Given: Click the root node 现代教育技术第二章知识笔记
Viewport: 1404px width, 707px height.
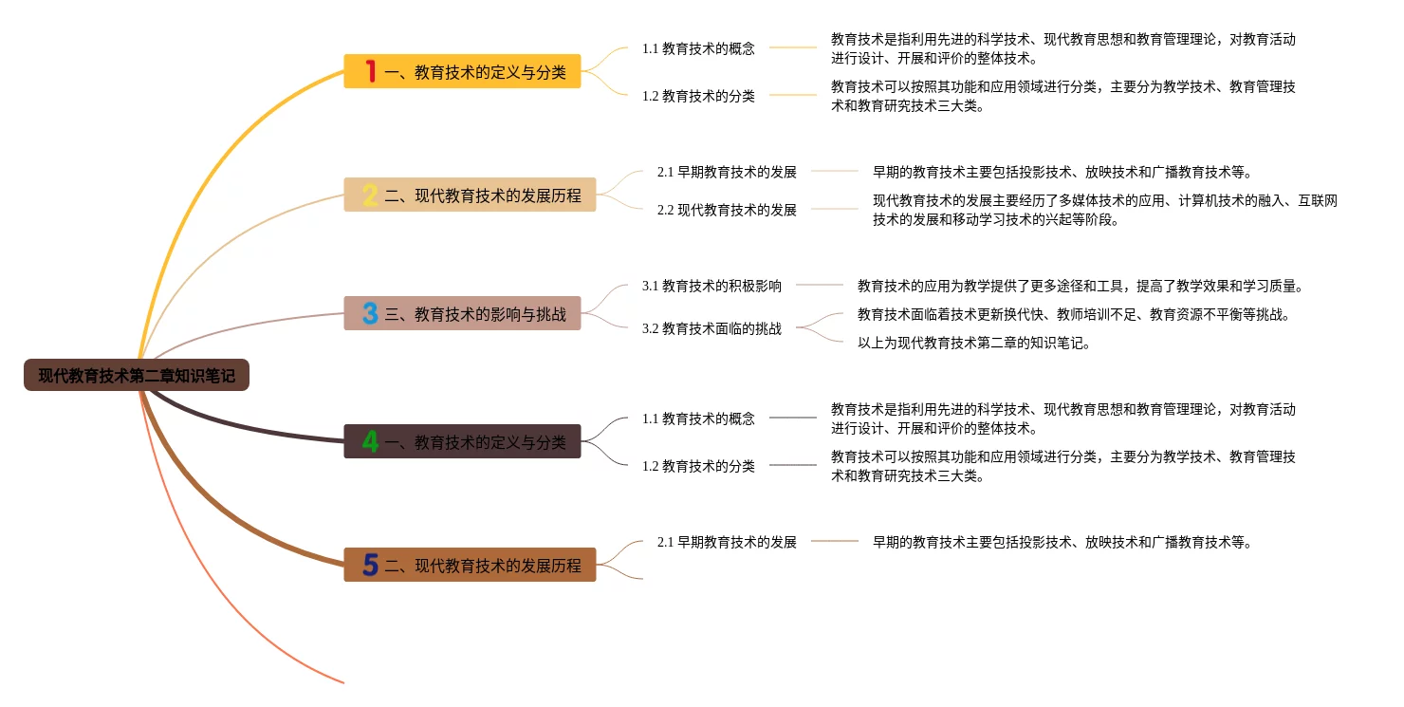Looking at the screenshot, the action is [x=137, y=375].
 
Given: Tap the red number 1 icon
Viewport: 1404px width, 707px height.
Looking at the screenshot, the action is [x=370, y=71].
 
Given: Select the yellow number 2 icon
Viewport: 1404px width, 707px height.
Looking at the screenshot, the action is [x=370, y=195].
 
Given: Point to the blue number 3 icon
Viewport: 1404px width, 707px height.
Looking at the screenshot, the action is [x=370, y=313].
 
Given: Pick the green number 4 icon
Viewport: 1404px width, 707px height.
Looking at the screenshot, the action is [x=370, y=441].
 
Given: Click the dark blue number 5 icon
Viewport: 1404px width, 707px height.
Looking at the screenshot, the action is [x=370, y=565].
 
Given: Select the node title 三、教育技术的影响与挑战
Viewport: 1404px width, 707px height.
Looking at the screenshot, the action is [x=475, y=314].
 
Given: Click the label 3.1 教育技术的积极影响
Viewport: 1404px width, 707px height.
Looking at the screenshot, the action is [x=711, y=286].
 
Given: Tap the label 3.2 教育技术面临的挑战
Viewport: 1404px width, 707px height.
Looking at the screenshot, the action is [x=711, y=328].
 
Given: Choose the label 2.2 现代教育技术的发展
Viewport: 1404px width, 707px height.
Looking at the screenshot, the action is [x=727, y=210].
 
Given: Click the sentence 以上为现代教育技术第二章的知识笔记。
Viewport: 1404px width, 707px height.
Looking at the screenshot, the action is [x=974, y=344].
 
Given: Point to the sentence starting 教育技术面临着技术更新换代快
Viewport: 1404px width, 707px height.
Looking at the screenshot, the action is [x=1074, y=314].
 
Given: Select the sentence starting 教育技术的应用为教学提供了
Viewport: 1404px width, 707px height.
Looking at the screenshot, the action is [x=1081, y=286].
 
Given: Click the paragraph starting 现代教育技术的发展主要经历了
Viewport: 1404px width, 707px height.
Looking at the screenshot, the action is [x=1105, y=210].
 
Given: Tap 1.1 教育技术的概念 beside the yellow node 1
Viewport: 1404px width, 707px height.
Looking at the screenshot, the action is [x=698, y=48].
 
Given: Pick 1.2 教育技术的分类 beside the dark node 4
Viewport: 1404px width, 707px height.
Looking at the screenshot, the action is [x=698, y=466].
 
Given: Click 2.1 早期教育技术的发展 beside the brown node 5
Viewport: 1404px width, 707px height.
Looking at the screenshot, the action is [x=727, y=542].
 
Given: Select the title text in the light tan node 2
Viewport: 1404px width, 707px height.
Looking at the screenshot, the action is [x=483, y=195].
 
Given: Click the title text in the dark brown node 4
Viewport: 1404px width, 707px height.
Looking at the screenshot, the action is [x=490, y=442].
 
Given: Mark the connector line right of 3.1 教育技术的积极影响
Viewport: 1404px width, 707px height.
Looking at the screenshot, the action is [x=819, y=285].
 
